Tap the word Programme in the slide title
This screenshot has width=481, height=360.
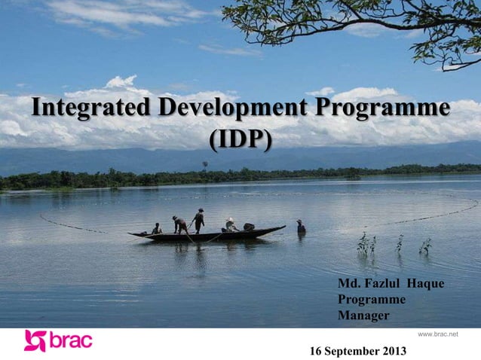click(383, 108)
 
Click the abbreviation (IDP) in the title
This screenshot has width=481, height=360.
click(240, 139)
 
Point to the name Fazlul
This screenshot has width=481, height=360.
click(384, 283)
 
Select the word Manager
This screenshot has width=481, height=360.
click(363, 315)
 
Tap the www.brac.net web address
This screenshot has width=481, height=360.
click(438, 333)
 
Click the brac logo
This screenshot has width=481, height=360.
click(58, 340)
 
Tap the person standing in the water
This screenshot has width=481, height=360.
click(301, 227)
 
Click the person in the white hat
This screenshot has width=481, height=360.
click(230, 224)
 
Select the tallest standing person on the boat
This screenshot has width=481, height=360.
click(199, 221)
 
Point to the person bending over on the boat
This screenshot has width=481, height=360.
click(180, 224)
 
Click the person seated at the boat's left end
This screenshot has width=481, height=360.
click(157, 229)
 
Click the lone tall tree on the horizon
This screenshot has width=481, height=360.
click(204, 164)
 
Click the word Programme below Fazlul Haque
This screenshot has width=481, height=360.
click(372, 299)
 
